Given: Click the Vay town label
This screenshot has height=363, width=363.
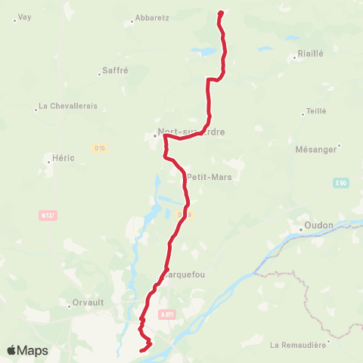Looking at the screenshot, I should coord(25,17).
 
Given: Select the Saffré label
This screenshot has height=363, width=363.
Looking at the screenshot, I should coord(115,71).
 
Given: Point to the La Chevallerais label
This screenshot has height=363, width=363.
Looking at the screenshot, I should coord(68,107).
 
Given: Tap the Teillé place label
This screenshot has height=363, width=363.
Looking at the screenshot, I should coord(316,111).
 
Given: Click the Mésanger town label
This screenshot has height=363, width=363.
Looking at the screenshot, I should coord(317,150).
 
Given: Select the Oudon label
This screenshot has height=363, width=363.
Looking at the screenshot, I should coord(315,226).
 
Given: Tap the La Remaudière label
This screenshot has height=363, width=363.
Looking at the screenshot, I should coord(298,345).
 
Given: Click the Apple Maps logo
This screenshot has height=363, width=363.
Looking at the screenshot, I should coord(27,350).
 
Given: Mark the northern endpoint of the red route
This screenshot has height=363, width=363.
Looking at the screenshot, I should coord(221,12).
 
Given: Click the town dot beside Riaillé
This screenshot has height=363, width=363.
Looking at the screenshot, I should coord(293,55).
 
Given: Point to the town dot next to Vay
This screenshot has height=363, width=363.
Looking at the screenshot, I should coord(14,19).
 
